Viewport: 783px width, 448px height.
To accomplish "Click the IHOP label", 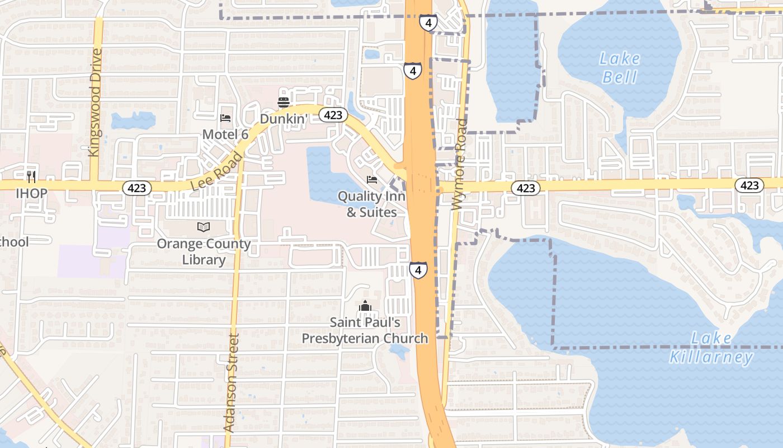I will pos(31,193).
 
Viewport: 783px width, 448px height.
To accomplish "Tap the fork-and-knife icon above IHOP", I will pos(31,177).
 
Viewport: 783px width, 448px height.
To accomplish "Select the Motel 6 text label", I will pos(225,134).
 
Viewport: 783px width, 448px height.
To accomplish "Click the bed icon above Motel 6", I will pos(225,118).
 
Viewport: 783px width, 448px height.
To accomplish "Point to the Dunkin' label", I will pos(284,119).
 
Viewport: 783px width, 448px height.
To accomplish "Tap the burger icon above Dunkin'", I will pos(284,102).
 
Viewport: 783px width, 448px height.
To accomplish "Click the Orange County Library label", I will pos(204,251).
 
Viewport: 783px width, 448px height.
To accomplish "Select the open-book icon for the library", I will pos(204,227).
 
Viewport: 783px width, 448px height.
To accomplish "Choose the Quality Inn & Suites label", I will pos(372,204).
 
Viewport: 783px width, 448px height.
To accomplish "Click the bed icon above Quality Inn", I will pos(372,180).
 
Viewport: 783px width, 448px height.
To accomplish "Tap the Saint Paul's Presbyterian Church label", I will pos(365,330).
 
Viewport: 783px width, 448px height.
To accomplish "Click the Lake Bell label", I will pos(620,67).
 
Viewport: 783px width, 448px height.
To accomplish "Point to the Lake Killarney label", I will pos(711,348).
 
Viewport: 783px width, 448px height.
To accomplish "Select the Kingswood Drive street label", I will pos(96,102).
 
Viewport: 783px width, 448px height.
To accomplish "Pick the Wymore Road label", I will pos(460,165).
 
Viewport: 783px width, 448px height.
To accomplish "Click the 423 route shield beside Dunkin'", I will pos(333,115).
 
